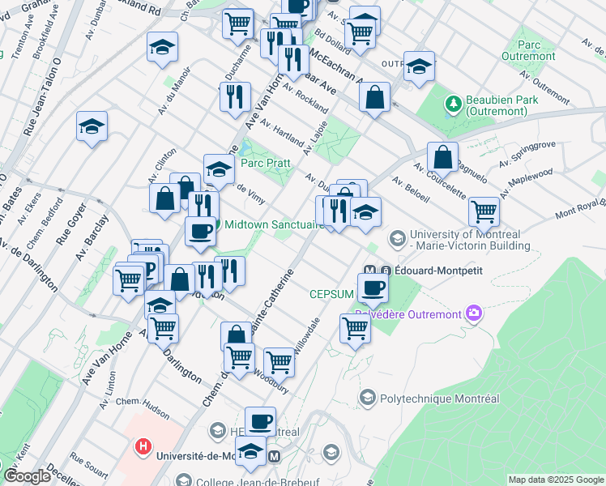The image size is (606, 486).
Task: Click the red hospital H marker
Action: (143, 446)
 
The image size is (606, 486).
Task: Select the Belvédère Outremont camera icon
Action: (474, 313)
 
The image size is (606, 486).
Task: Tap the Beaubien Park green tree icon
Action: (452, 104)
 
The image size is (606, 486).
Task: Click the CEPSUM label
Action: (331, 293)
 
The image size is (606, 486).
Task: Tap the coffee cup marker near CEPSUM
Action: (373, 288)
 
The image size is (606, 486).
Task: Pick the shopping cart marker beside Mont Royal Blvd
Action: (484, 211)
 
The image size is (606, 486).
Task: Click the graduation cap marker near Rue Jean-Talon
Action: (92, 127)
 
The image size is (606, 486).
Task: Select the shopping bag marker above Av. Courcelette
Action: (443, 156)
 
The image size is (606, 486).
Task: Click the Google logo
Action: (27, 476)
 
